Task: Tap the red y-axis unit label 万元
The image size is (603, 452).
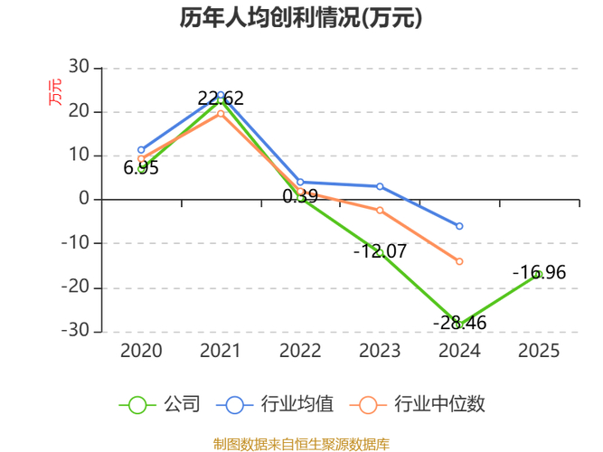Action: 56,92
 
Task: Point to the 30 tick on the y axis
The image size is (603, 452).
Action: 79,68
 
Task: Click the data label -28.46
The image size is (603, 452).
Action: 459,322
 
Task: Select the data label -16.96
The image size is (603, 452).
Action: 539,272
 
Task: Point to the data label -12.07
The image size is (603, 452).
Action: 380,250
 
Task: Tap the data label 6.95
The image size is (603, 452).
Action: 141,168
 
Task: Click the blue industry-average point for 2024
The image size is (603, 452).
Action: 459,226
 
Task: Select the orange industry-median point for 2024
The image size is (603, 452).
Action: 459,261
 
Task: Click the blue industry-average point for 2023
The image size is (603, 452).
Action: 380,186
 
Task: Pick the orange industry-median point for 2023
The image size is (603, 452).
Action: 380,211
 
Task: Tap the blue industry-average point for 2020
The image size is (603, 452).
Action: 141,149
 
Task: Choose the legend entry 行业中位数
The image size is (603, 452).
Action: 421,404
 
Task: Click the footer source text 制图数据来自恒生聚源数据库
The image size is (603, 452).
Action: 301,444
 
